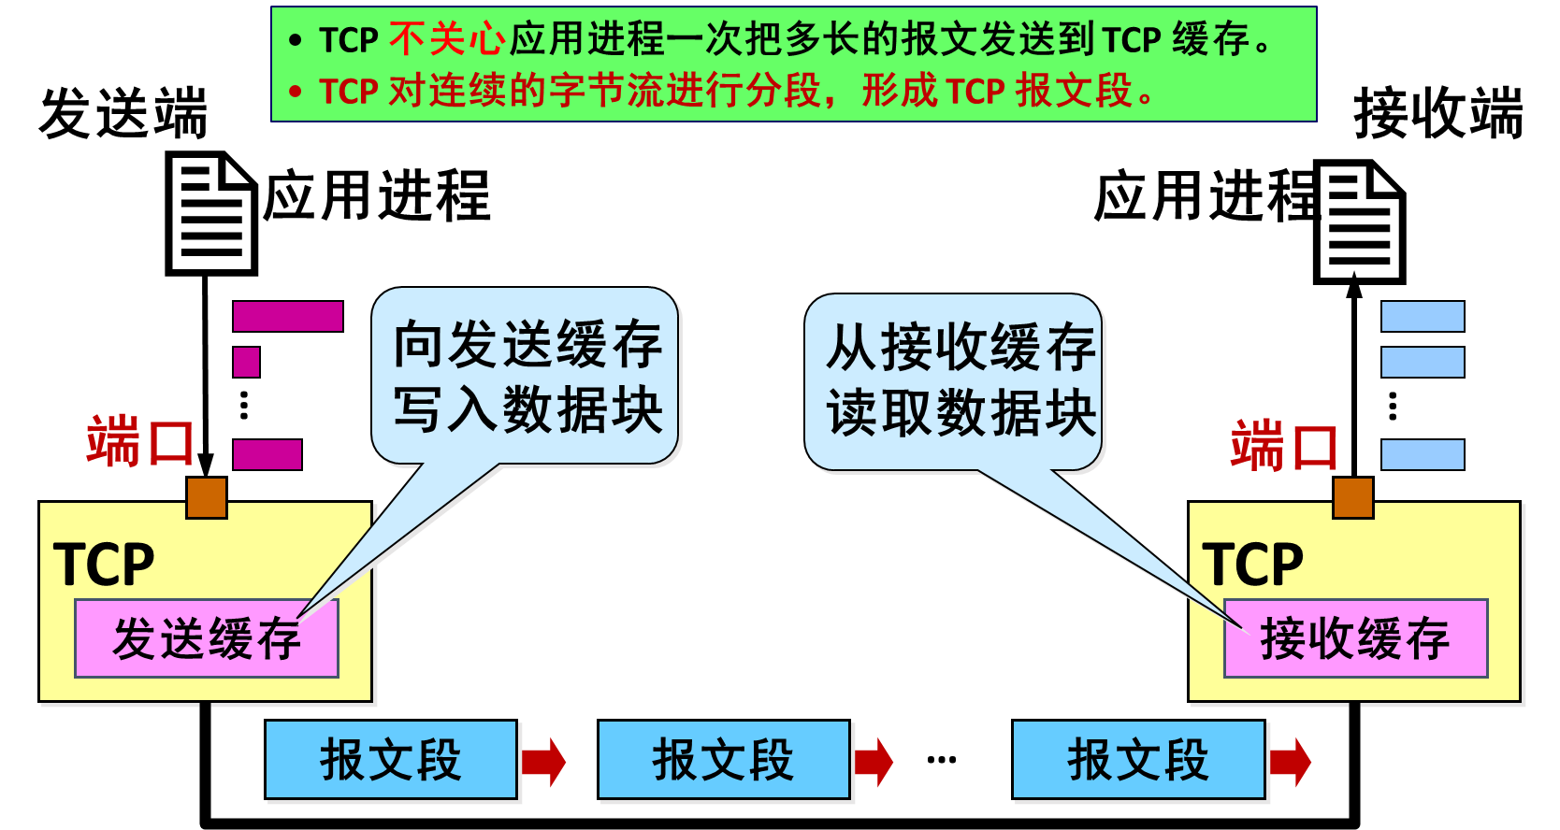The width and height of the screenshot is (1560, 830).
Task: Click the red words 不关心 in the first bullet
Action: coord(447,40)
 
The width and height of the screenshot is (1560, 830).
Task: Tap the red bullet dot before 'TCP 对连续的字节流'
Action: coord(296,92)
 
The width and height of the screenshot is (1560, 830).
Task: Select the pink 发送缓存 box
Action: coord(207,638)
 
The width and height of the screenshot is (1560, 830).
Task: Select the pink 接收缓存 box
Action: coord(1355,638)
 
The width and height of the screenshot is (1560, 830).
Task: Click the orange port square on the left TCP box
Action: coord(207,497)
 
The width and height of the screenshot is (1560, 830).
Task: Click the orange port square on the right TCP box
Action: coord(1352,497)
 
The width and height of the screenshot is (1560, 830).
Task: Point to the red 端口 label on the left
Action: coord(140,441)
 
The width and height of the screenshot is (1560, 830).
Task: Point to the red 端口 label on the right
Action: coord(1284,446)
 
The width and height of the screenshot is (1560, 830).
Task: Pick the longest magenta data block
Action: coord(287,316)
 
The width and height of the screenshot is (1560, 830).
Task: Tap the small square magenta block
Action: coord(246,362)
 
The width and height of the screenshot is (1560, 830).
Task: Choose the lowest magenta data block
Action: coord(267,454)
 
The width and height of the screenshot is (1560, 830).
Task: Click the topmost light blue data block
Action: coord(1423,316)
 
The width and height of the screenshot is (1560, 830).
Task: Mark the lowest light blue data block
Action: coord(1423,454)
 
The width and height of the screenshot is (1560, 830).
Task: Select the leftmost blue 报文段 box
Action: coord(391,759)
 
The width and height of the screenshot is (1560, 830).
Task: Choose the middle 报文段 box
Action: coord(724,759)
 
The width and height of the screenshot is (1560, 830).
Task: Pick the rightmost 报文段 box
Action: coord(1138,759)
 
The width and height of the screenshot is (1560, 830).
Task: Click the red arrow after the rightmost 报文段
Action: coord(1290,762)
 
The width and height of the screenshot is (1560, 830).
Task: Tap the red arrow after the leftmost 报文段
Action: coord(543,762)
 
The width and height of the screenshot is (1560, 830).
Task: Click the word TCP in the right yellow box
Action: coord(1252,564)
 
